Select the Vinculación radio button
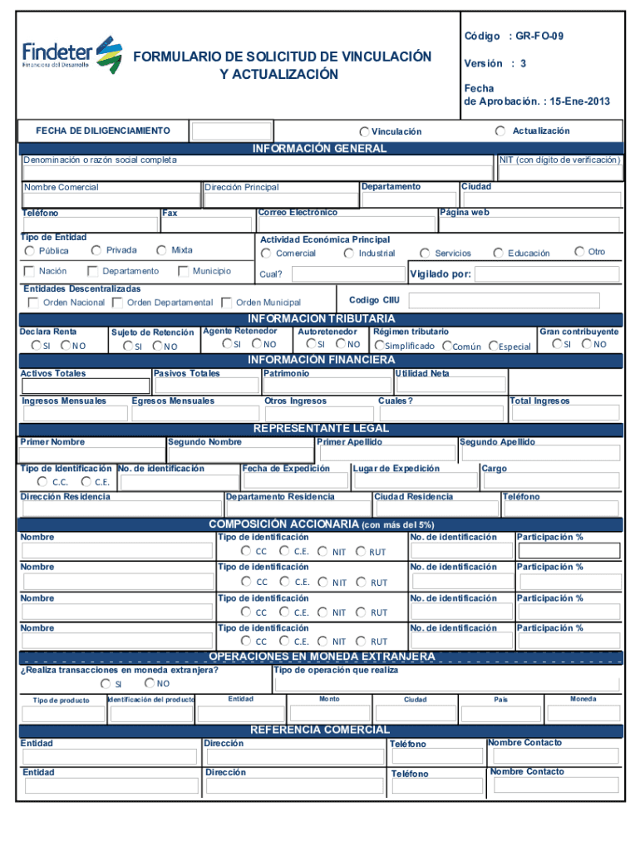(365, 132)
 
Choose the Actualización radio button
(500, 131)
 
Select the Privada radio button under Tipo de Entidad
(96, 250)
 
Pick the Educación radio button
(498, 253)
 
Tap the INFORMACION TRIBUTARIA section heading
(321, 318)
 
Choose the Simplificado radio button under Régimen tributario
(378, 346)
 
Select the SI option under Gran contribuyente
(554, 343)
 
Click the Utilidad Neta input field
(451, 385)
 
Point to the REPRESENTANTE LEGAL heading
(321, 428)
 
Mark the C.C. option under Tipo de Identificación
(42, 481)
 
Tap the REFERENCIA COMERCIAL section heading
(320, 729)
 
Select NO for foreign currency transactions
(148, 683)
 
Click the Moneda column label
(583, 699)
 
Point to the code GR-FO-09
(544, 37)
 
